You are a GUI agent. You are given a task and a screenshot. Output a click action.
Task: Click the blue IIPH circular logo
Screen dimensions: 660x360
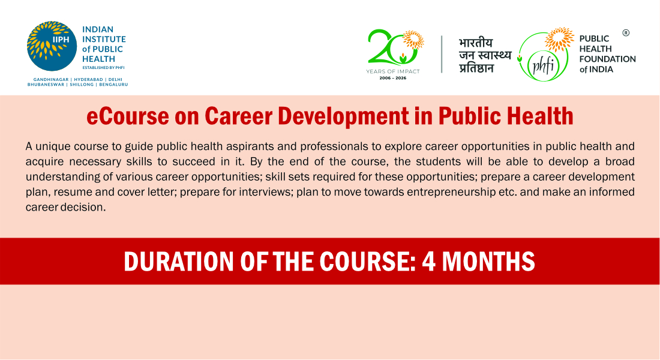click(52, 46)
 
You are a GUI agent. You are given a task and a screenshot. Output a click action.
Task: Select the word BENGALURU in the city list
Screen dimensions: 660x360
click(113, 84)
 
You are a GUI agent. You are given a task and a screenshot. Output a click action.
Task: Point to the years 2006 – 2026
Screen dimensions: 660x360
click(393, 78)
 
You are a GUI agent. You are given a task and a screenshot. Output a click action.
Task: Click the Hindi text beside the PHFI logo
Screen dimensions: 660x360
click(485, 55)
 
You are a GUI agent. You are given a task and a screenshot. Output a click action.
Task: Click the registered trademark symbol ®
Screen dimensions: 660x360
click(626, 33)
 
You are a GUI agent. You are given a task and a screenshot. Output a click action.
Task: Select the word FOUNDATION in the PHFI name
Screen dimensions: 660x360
click(607, 59)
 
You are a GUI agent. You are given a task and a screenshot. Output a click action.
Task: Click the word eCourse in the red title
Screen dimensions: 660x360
click(128, 116)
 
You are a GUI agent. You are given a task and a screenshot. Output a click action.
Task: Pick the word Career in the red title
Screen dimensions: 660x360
click(239, 116)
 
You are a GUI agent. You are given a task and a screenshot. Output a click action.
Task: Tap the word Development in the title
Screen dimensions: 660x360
click(343, 117)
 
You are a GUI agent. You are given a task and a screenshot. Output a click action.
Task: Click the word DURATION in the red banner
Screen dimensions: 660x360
click(178, 262)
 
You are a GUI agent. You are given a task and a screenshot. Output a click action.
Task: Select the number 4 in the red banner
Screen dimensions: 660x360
click(428, 262)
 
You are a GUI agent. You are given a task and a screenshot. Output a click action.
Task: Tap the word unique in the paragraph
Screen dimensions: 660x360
click(53, 146)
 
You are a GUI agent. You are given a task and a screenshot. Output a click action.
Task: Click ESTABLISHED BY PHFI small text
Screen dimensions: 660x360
click(103, 67)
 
